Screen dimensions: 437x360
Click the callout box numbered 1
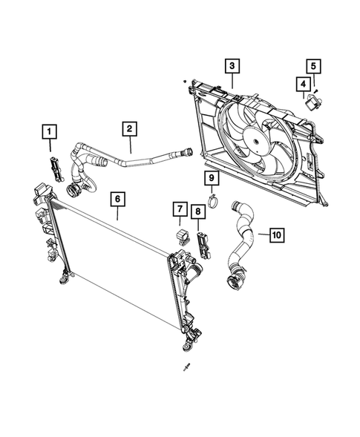[50, 134]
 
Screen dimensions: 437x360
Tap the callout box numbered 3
[232, 68]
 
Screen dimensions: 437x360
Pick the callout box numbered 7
[179, 211]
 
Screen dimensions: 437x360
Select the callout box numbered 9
[211, 178]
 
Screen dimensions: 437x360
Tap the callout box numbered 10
[275, 235]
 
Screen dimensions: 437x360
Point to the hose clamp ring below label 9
[212, 200]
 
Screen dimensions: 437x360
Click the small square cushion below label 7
[180, 236]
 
